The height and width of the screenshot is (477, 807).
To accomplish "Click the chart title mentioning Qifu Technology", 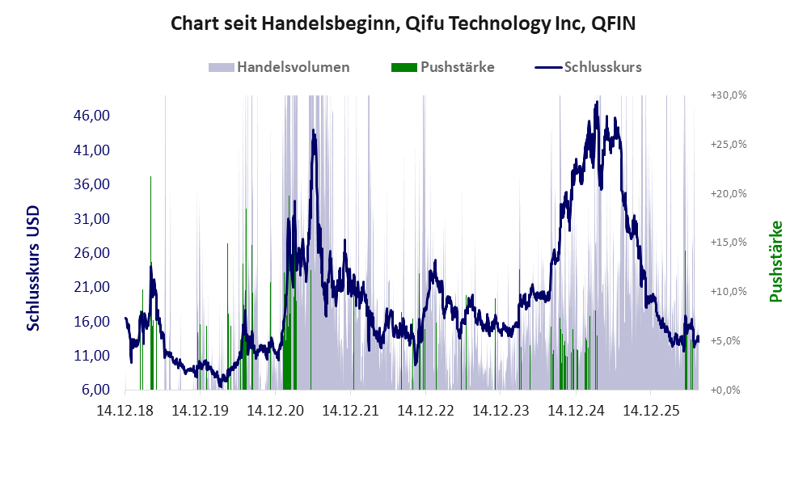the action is pos(403,23).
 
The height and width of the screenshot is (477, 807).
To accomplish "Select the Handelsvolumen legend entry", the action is pos(279,67).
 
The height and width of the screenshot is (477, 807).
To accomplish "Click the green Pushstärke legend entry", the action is pos(442,67).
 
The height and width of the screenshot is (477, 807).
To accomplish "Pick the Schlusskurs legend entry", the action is pos(588,67).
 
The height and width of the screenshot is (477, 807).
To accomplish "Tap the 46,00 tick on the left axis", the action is pos(92,116).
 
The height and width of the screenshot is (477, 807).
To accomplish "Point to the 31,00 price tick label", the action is pos(92,218).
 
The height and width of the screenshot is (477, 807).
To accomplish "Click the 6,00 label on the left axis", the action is pos(95,390).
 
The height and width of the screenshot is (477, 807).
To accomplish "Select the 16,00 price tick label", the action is pos(92,322).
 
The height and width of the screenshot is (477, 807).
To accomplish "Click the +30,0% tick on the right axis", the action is pos(729,95).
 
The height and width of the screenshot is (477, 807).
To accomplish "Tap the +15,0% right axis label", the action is pos(729,243).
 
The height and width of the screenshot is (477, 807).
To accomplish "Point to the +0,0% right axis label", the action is pos(725,390).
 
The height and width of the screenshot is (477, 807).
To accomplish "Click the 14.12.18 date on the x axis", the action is pos(125,411).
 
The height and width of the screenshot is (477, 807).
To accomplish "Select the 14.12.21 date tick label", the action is pos(350,411).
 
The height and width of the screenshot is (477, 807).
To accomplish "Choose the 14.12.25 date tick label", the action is pos(651,411).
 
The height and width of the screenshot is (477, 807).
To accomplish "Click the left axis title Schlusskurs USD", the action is pos(33,268).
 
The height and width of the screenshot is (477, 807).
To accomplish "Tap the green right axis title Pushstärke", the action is pos(775,261).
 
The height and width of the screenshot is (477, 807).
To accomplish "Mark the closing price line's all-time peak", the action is pos(597,102).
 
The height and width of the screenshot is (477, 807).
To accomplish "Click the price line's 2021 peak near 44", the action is pos(314,131).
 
